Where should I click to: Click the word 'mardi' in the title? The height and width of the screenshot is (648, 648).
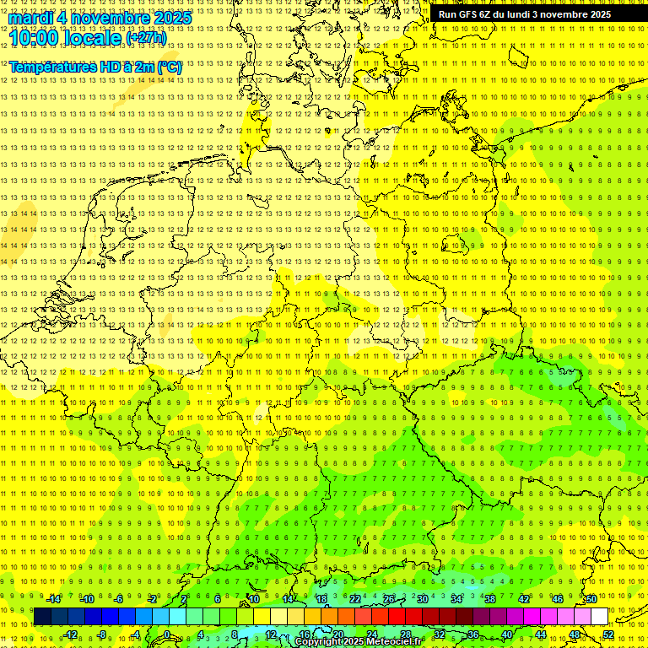[32, 17]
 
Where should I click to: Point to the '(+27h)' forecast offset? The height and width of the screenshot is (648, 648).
[146, 38]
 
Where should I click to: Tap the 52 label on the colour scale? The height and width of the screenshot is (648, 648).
[609, 634]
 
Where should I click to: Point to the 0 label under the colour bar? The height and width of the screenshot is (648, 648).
[167, 634]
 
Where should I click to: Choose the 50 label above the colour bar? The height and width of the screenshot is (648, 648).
[591, 599]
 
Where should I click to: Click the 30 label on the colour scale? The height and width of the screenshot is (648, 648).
[423, 599]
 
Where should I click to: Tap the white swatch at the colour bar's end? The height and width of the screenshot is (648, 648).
[599, 617]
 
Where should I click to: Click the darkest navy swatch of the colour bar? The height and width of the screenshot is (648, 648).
[42, 617]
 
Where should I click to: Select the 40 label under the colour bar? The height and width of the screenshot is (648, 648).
[507, 634]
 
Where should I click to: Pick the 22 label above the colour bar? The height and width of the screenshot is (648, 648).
[355, 599]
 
